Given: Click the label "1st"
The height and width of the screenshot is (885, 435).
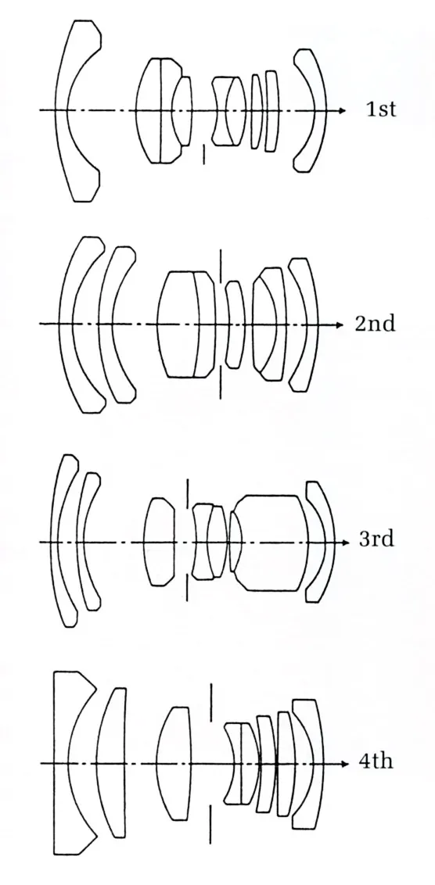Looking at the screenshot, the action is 381,109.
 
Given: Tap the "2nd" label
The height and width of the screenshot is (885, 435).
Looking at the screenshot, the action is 375,324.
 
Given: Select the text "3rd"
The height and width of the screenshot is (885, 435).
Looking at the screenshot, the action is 376,539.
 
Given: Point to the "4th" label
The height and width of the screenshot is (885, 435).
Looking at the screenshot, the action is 376,761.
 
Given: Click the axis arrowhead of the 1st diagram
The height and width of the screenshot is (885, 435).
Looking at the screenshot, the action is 343,110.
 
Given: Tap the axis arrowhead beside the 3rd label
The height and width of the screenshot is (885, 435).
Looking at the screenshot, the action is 347,543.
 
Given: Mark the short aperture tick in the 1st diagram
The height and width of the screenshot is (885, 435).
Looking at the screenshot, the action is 203,156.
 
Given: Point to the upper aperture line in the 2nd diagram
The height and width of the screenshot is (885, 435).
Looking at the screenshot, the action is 221,265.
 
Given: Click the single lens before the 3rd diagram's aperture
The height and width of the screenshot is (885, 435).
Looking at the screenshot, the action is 160,542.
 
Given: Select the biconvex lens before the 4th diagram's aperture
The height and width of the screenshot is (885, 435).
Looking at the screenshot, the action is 173,763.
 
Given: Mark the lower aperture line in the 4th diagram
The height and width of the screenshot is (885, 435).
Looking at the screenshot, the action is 210,825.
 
